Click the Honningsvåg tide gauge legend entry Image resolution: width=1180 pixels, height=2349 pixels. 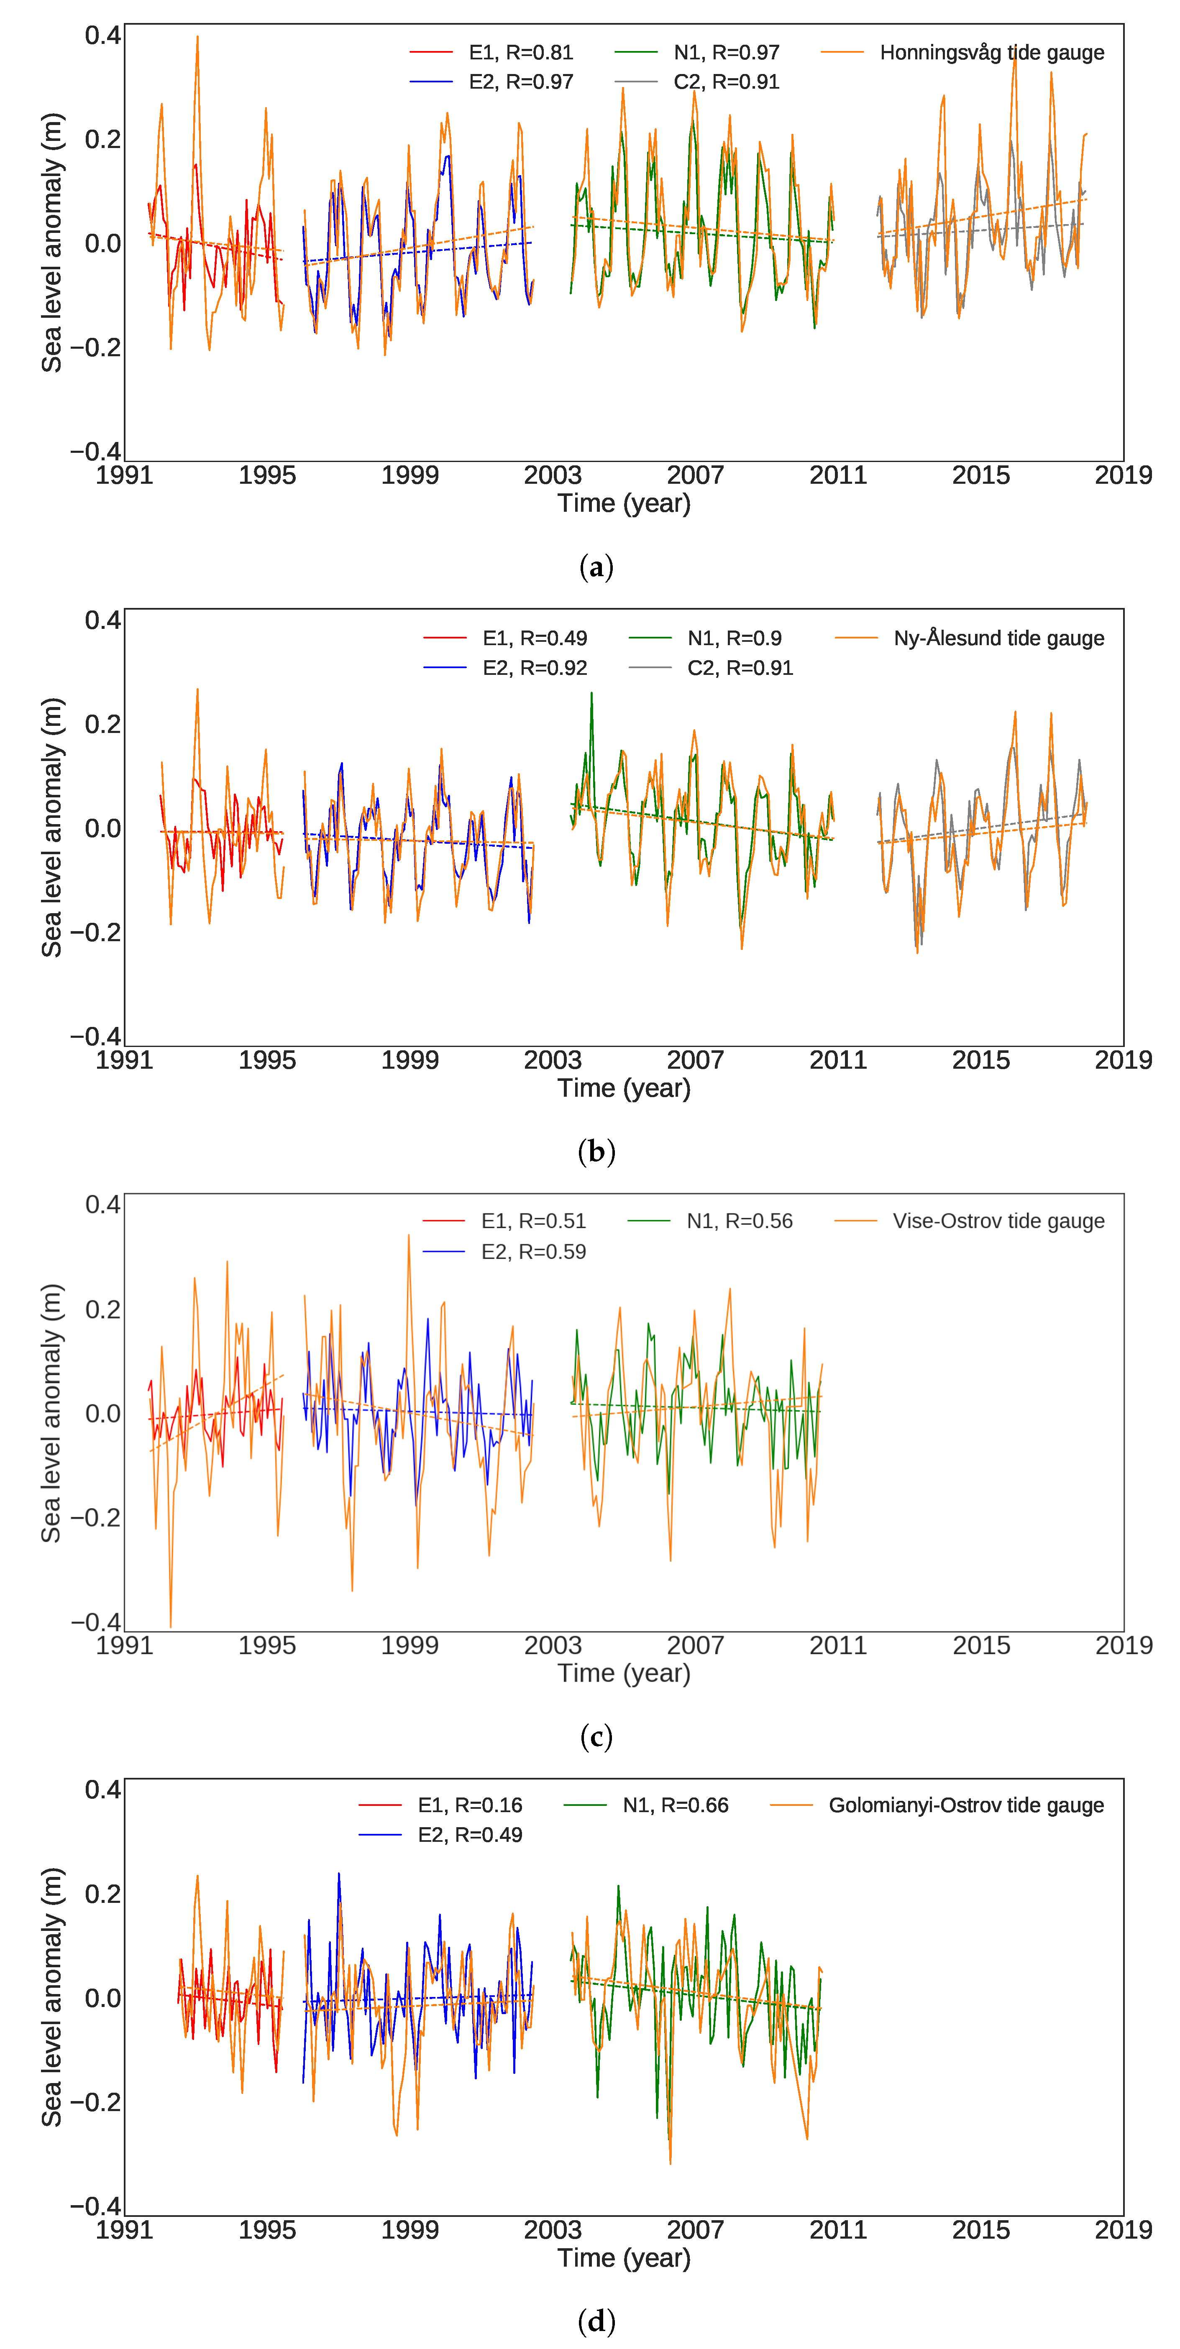click(x=991, y=53)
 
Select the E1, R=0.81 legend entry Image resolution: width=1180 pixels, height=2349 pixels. click(x=520, y=53)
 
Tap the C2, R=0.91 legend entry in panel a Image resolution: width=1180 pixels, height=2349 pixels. click(x=726, y=82)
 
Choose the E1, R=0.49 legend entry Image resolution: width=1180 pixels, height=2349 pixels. click(x=535, y=638)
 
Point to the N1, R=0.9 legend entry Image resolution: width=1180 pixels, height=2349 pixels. click(x=734, y=638)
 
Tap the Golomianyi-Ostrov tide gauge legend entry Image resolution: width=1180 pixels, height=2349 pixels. click(x=966, y=1805)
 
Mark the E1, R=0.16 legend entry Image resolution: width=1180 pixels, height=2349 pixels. click(x=470, y=1805)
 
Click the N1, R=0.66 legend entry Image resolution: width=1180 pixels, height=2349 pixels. click(x=675, y=1805)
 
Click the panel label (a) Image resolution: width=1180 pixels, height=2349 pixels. click(x=596, y=567)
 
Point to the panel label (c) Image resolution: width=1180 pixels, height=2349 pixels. click(x=596, y=1737)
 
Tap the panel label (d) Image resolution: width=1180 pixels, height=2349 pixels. click(x=596, y=2321)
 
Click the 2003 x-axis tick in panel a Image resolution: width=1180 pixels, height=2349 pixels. click(x=553, y=475)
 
